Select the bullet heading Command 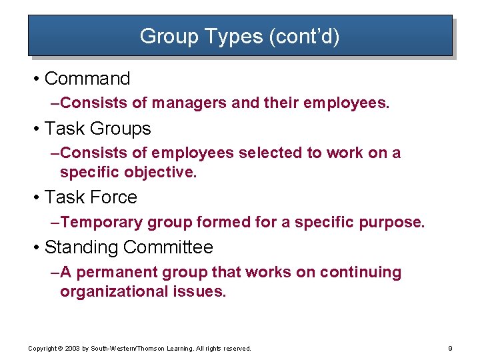point(87,79)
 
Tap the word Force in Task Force point(113,197)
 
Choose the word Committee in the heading point(168,247)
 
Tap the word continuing point(361,272)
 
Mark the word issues point(202,291)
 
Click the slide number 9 point(451,348)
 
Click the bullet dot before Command point(35,79)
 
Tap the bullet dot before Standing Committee point(35,248)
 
